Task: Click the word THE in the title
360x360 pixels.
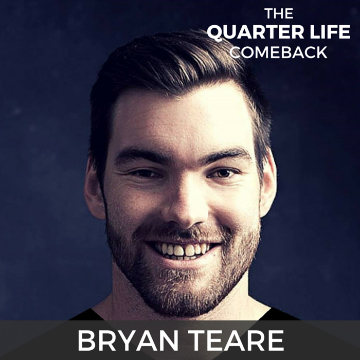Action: coord(279,13)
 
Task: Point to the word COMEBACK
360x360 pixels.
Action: coord(278,52)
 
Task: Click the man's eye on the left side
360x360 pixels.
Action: coord(144,174)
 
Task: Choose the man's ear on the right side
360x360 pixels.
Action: coord(268,184)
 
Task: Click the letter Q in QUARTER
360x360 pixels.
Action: coord(216,33)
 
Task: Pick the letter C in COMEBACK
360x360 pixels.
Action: coord(236,52)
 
